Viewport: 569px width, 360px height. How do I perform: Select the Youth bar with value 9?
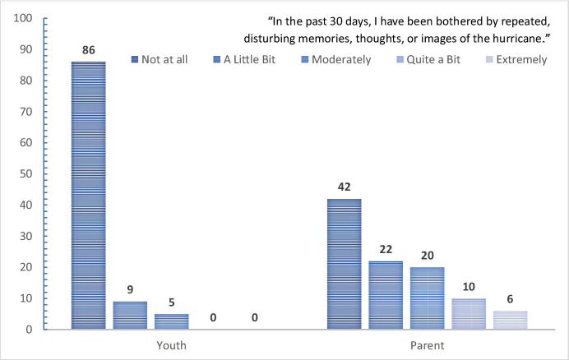tap(130, 316)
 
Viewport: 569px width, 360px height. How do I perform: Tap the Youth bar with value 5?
tap(171, 321)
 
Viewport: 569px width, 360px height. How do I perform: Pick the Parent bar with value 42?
tap(345, 264)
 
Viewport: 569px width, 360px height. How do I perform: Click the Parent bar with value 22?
tap(386, 295)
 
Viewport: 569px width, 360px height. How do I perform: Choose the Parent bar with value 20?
tap(427, 298)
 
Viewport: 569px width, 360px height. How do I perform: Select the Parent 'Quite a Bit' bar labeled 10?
tap(469, 314)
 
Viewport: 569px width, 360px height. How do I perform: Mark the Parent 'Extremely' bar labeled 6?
tap(510, 320)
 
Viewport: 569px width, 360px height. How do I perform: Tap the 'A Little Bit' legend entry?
tap(251, 59)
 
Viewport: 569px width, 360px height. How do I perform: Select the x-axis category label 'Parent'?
tap(427, 345)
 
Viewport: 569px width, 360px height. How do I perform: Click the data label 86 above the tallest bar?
tap(88, 50)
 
